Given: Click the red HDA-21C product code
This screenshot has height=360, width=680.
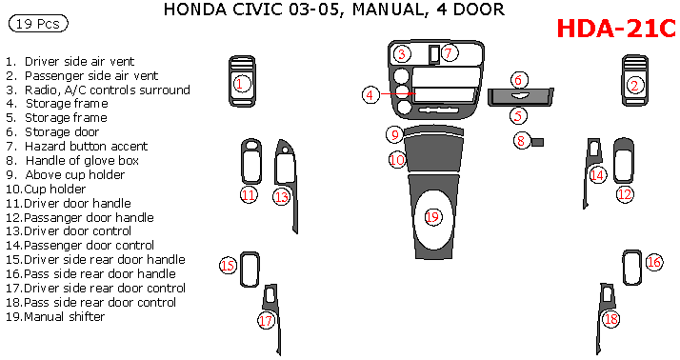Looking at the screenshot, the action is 616,29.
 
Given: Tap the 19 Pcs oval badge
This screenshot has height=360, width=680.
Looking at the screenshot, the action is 38,24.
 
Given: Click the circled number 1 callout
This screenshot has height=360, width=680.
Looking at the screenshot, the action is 241,83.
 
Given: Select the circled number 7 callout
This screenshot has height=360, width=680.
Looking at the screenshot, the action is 449,53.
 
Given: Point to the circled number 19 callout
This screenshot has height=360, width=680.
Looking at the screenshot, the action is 432,216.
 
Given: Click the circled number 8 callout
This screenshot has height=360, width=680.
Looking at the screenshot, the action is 521,141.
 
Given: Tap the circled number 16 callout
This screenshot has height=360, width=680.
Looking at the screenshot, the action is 654,262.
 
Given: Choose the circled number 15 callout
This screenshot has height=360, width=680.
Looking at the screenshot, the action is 229,265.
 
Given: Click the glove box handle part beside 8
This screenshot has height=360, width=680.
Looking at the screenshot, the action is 537,142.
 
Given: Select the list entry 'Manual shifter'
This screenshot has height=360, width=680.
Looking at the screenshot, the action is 55,316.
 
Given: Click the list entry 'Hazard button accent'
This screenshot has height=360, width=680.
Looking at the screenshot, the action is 77,146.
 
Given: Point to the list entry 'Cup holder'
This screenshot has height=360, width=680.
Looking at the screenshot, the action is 46,190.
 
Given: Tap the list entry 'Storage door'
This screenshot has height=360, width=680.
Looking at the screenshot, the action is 52,131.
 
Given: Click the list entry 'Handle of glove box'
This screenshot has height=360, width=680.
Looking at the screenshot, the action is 72,161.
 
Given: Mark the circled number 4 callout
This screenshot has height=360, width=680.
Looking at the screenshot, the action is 370,94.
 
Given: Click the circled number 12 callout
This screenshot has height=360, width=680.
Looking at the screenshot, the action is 625,194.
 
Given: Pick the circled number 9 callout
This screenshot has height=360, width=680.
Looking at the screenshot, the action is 394,134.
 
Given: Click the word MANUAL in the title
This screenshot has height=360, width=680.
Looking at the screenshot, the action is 389,10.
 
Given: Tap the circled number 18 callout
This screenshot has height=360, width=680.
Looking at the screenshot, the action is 611,319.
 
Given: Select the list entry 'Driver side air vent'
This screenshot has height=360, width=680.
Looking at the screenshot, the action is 70,62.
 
